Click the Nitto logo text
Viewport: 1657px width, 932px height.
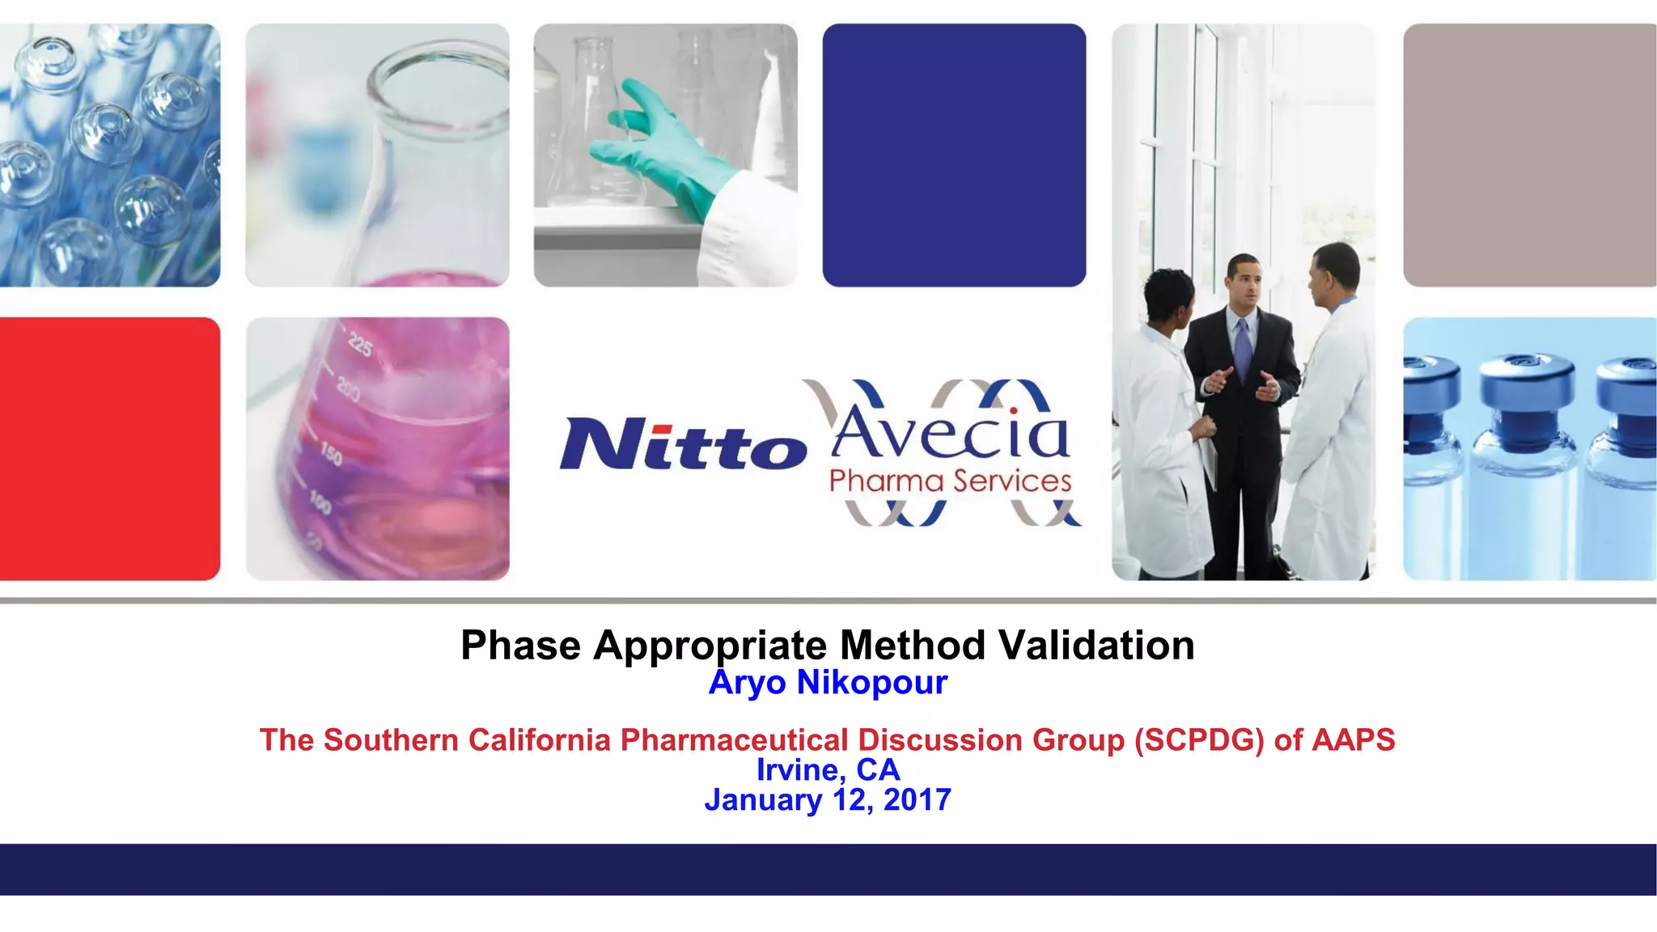tap(682, 444)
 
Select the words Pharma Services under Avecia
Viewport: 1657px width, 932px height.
tap(950, 481)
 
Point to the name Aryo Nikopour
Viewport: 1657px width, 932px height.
tap(828, 683)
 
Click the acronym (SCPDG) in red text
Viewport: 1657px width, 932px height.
tap(1198, 740)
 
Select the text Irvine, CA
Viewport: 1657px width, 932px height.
tap(828, 770)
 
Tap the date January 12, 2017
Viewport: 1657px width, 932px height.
tap(828, 800)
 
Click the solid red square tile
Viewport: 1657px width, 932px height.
tap(109, 448)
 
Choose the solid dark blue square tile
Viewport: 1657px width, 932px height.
tap(954, 155)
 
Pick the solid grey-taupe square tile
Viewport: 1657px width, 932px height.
tap(1529, 155)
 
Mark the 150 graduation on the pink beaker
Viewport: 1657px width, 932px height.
tap(331, 454)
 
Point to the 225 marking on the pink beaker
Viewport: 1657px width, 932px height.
tap(361, 346)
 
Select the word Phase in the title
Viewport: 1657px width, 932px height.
tap(520, 646)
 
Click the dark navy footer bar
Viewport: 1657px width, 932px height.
tap(828, 869)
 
